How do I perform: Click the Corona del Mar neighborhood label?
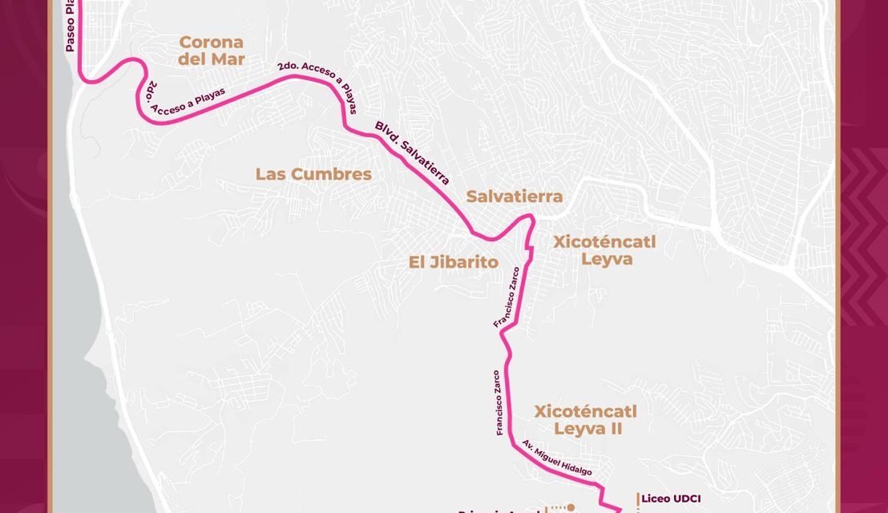[x=212, y=50]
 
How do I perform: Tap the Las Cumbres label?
[x=313, y=174]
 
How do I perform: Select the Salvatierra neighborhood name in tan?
[x=515, y=196]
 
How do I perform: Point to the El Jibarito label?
[x=453, y=262]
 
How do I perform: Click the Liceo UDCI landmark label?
[x=671, y=498]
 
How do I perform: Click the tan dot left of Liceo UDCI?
[x=573, y=507]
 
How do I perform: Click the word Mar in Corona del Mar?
[x=228, y=59]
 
